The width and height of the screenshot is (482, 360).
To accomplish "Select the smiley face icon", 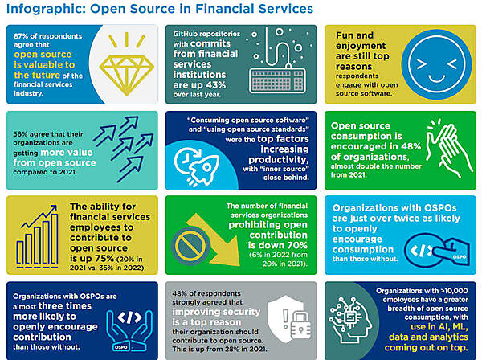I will [439, 61].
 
